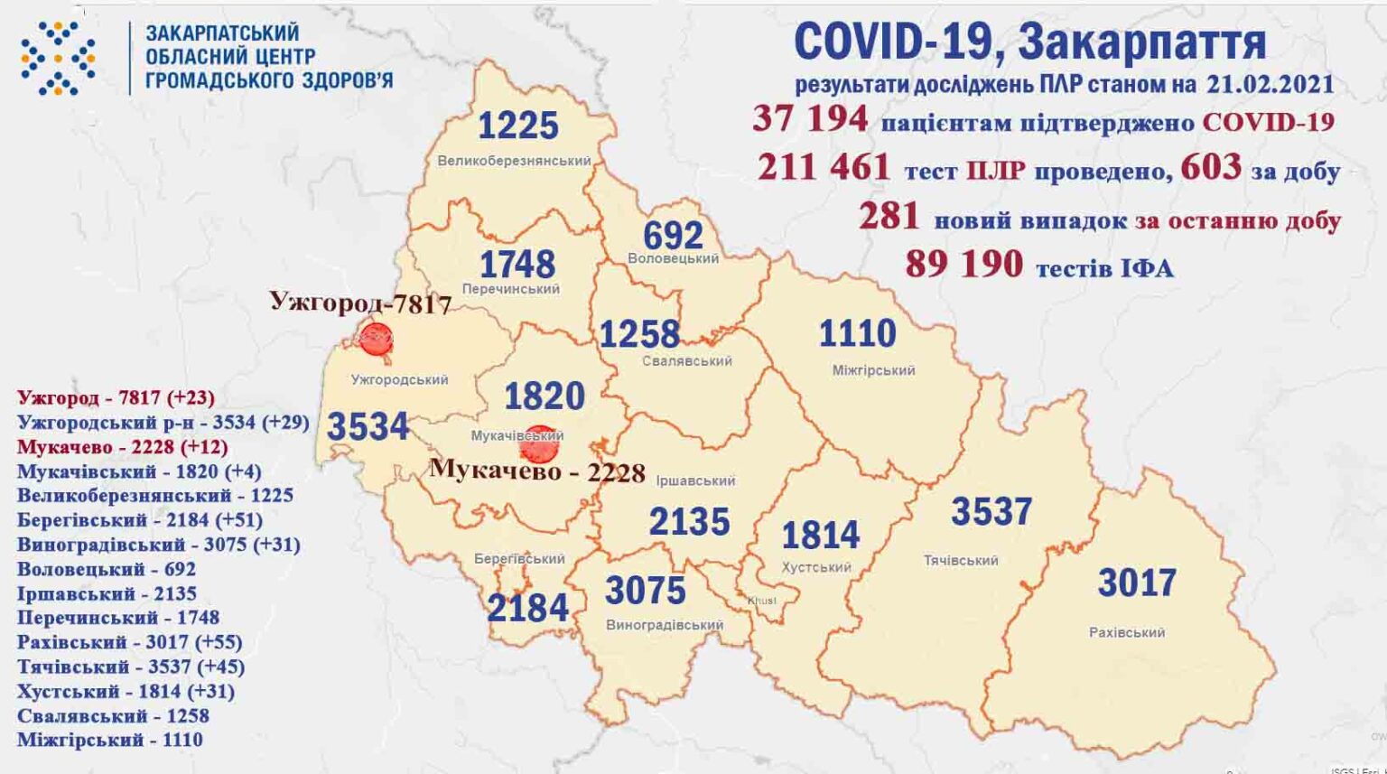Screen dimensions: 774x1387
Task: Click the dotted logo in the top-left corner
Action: [58, 58]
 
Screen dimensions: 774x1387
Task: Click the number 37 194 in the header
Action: [810, 119]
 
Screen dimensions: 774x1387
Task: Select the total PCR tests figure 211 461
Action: [824, 168]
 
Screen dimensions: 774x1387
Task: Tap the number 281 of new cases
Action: [889, 217]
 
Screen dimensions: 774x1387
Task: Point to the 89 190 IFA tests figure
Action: [963, 265]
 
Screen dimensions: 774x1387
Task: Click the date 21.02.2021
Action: [1270, 84]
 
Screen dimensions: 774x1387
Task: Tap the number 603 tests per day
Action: [1211, 167]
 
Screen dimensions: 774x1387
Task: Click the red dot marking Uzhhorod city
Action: [375, 339]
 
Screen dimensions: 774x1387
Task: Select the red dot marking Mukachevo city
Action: [539, 444]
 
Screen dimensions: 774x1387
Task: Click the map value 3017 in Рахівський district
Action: [1137, 583]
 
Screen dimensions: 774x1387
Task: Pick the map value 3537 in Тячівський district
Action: [991, 512]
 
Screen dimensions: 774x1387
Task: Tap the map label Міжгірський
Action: [873, 370]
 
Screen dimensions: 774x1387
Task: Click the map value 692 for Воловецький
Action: [673, 236]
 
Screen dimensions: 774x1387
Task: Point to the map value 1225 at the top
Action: [517, 126]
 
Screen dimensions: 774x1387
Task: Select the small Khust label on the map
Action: [761, 601]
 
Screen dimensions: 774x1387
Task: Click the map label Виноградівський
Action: [665, 625]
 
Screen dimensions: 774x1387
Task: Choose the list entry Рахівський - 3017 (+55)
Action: [129, 642]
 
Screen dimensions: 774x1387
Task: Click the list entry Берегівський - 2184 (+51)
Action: [140, 520]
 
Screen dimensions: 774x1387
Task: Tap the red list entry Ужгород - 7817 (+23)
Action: [116, 397]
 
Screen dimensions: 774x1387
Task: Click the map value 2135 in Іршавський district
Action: [689, 522]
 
